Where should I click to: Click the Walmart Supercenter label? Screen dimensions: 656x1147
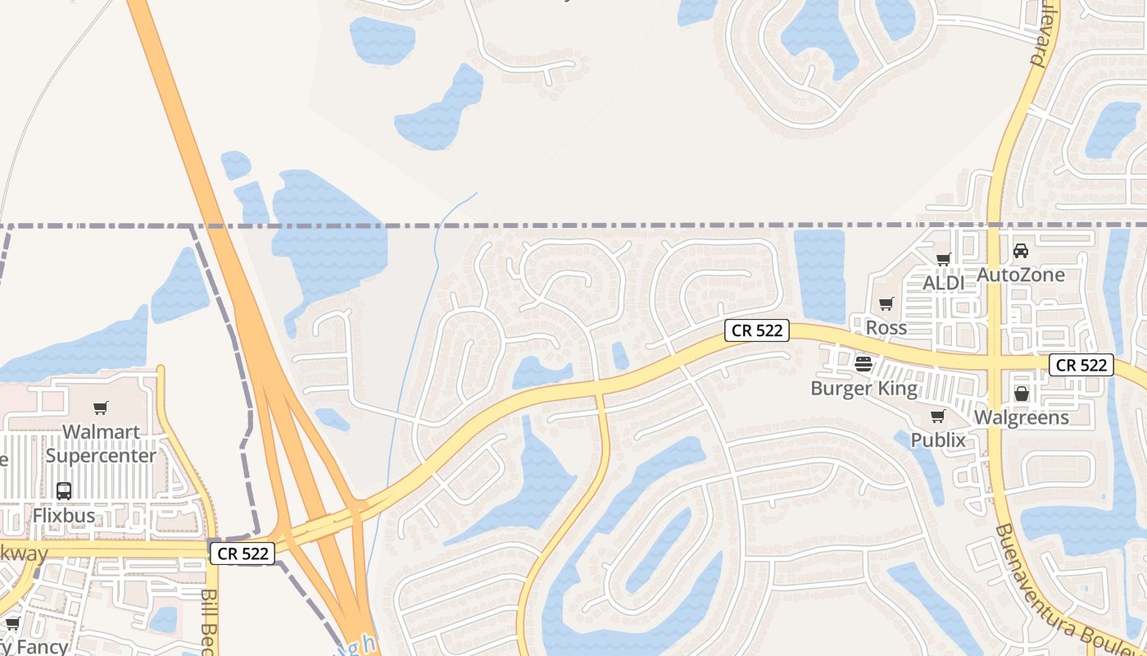(101, 444)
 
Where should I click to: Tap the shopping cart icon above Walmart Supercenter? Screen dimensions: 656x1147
(101, 408)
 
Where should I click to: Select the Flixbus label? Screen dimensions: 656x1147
(64, 516)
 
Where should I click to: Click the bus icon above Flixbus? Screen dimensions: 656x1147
(64, 490)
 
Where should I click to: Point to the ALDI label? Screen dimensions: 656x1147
(944, 283)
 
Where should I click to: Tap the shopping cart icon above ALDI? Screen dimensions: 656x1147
(943, 259)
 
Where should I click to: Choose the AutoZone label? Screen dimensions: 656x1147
(1021, 275)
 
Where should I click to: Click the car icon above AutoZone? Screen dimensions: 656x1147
(1021, 250)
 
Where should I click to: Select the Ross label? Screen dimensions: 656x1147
(886, 327)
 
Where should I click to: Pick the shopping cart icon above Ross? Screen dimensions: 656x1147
(886, 304)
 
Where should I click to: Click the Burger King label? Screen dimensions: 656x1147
(864, 388)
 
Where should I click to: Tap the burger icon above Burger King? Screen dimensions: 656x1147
(864, 363)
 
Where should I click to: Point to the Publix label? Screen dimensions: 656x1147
(939, 440)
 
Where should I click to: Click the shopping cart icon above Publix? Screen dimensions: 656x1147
(938, 416)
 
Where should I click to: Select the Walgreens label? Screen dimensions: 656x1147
(1022, 417)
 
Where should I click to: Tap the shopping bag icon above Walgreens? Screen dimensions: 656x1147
(1022, 394)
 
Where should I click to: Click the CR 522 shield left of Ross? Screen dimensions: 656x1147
(757, 330)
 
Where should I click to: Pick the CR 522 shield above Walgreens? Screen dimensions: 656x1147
(1081, 365)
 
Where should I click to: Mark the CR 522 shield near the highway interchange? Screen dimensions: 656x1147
(243, 553)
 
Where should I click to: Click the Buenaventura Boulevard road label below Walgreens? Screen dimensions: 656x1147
(1065, 587)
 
